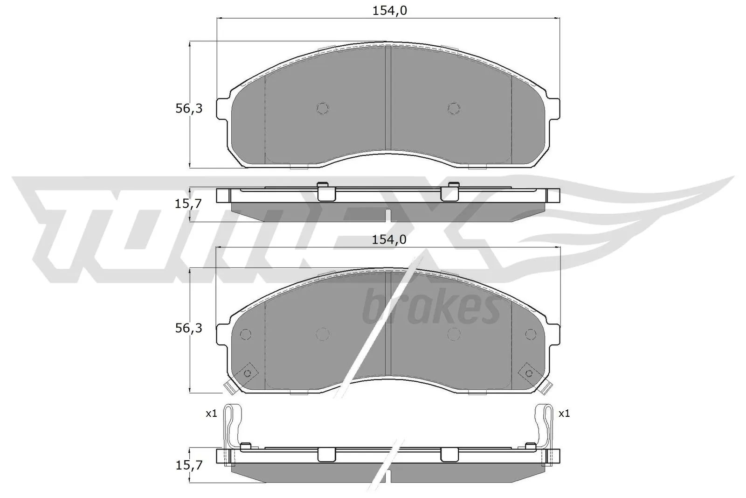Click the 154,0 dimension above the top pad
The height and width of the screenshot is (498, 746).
pos(390,11)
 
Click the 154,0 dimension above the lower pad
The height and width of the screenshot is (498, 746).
pos(390,239)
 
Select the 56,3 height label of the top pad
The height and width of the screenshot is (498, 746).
pos(189,109)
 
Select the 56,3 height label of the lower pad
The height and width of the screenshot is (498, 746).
pos(189,328)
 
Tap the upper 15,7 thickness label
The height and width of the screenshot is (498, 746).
pos(189,203)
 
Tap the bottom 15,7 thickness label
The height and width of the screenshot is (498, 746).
pos(189,466)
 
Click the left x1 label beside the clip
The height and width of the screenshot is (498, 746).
pos(212,413)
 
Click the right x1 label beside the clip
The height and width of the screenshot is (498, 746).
pos(564,413)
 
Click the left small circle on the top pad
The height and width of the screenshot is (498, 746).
pos(323,108)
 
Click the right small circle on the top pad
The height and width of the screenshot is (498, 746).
pos(454,108)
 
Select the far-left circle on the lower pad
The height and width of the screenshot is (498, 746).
pos(245,334)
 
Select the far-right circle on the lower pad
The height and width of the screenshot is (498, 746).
pos(531,334)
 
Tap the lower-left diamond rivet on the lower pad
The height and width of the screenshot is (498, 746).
pos(247,372)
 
